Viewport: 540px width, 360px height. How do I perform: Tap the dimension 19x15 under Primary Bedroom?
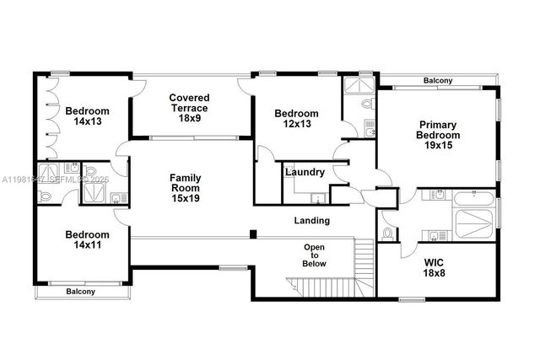pyautogui.click(x=439, y=146)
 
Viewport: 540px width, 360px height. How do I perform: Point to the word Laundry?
pyautogui.click(x=305, y=172)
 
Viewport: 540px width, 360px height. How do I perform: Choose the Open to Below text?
pyautogui.click(x=314, y=255)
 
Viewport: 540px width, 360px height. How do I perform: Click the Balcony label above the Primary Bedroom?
pyautogui.click(x=438, y=81)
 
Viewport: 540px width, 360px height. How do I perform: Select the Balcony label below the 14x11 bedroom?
pyautogui.click(x=81, y=292)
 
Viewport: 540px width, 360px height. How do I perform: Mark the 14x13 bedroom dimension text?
pyautogui.click(x=88, y=122)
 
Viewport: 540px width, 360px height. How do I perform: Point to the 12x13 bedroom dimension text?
pyautogui.click(x=295, y=125)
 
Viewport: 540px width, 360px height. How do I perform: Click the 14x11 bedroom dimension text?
pyautogui.click(x=88, y=245)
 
